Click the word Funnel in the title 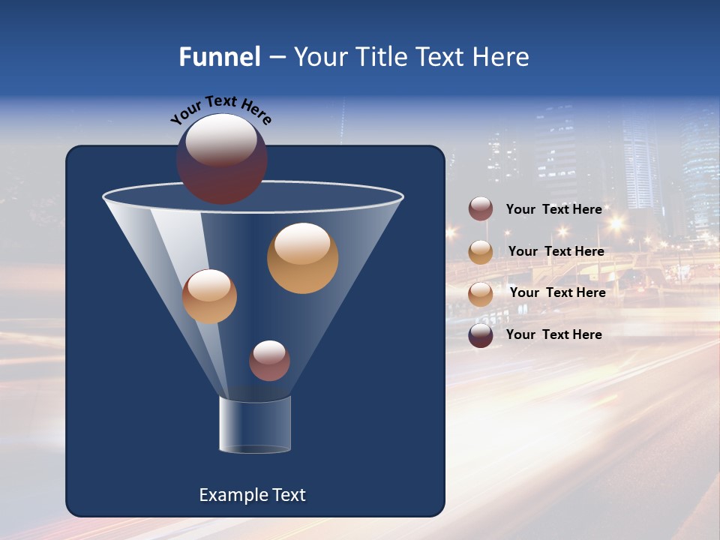(x=219, y=57)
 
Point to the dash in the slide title (x=276, y=58)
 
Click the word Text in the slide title (x=441, y=57)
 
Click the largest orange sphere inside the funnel (x=303, y=258)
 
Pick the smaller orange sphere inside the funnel (x=209, y=296)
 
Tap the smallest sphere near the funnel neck (x=269, y=361)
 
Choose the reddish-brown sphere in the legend (x=481, y=209)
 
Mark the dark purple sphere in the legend (x=481, y=335)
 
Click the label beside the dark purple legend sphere (x=553, y=334)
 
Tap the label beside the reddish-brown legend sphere (x=553, y=209)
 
